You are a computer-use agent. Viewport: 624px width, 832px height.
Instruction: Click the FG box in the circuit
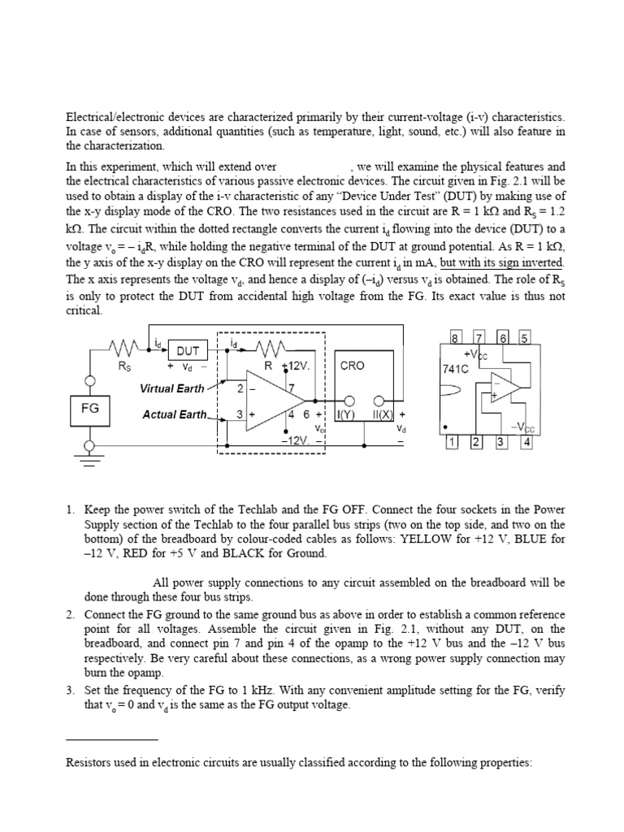coord(89,409)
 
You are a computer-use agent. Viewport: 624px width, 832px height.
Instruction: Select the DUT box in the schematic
coord(188,351)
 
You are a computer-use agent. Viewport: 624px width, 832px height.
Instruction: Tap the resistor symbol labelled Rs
coord(124,348)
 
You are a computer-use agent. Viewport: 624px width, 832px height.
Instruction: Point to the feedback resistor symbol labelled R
coord(267,349)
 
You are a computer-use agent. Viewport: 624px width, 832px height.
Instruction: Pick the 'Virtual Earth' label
coord(173,388)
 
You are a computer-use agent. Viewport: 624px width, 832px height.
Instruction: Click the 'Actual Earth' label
coord(174,414)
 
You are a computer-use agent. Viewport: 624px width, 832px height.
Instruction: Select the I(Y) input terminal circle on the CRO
coord(349,401)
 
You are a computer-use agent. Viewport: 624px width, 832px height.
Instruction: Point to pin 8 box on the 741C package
coord(456,338)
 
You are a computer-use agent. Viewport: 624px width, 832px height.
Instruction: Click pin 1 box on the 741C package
coord(453,442)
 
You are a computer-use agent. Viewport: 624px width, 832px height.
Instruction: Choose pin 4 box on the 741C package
coord(526,442)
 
